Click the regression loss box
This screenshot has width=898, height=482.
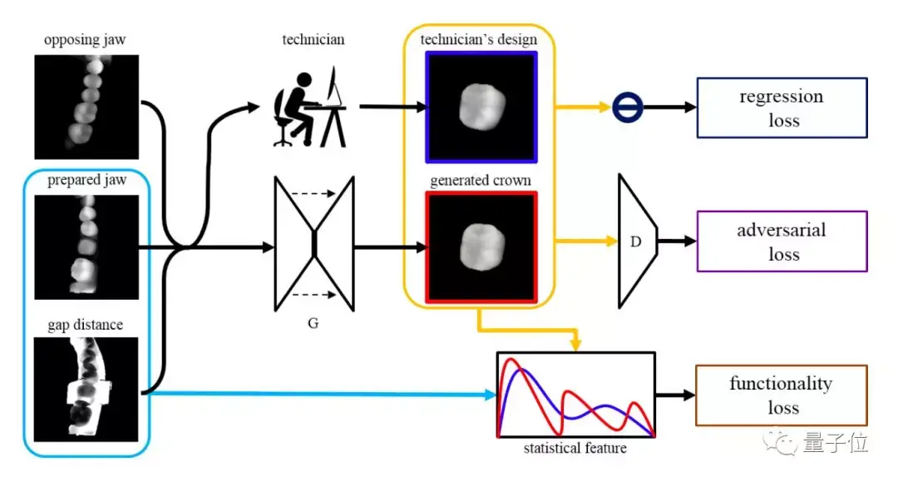(x=781, y=107)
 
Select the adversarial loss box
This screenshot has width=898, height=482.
(x=781, y=241)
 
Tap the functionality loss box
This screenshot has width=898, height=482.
(x=781, y=395)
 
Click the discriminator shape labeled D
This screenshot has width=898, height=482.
(x=637, y=241)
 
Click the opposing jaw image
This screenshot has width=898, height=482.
(x=86, y=107)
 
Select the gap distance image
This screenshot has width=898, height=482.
(x=86, y=388)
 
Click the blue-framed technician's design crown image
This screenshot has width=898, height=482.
(x=481, y=107)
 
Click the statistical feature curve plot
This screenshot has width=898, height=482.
(x=575, y=395)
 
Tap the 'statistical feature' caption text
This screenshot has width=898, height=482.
(x=575, y=449)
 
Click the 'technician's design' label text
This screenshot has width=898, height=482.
(x=479, y=39)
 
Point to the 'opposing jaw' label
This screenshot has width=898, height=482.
(x=86, y=40)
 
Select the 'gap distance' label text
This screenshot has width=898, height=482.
(x=86, y=324)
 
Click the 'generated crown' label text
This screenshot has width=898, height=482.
(x=481, y=180)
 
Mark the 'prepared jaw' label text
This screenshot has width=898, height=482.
(x=86, y=181)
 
